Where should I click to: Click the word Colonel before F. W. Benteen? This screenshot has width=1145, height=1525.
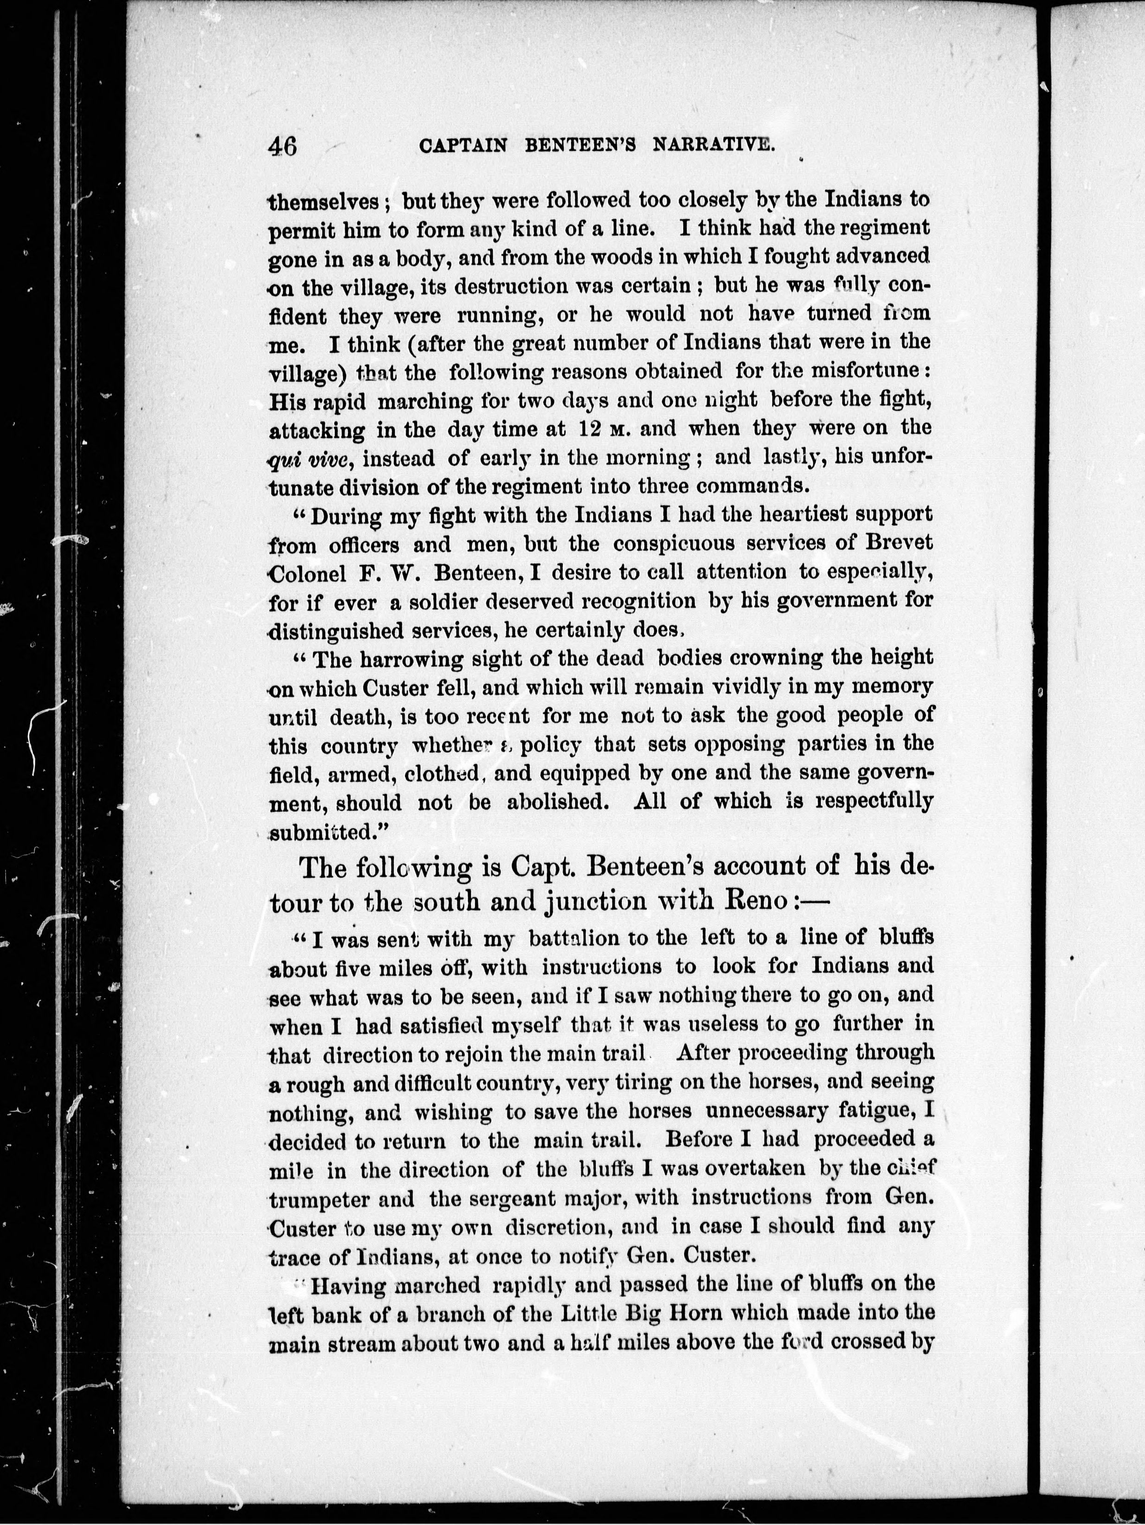pyautogui.click(x=305, y=572)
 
